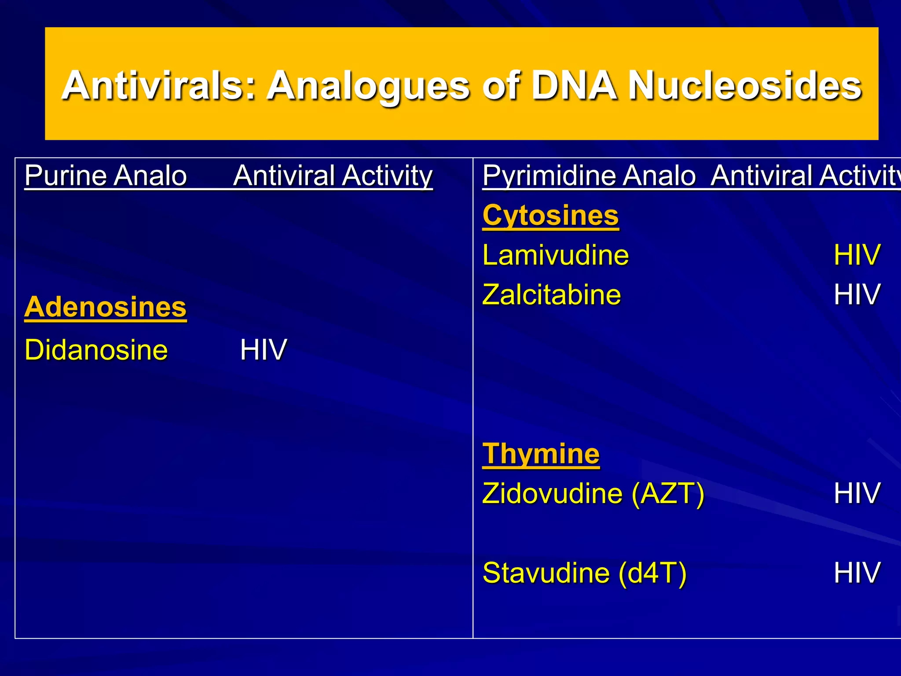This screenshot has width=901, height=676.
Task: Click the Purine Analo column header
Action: point(106,176)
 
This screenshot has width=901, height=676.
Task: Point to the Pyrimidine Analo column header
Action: point(589,176)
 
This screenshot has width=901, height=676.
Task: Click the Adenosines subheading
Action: point(106,307)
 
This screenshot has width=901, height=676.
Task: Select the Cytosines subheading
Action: point(550,216)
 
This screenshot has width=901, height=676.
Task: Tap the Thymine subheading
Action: point(541,454)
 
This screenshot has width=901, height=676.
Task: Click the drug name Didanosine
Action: point(96,350)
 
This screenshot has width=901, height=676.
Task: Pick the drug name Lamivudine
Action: point(555,255)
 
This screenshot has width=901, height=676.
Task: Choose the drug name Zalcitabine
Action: point(551,294)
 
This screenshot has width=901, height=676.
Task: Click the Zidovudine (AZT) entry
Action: point(593,493)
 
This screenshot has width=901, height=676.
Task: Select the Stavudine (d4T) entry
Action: point(584,573)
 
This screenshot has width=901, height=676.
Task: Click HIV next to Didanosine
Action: point(263,350)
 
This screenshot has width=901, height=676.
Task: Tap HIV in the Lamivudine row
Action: point(857,255)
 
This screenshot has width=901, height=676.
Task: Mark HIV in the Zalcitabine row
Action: point(857,294)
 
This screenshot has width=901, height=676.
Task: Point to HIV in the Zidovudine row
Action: point(857,493)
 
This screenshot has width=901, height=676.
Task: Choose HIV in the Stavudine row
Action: point(857,573)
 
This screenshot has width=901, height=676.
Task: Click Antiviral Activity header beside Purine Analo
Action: point(333,176)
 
